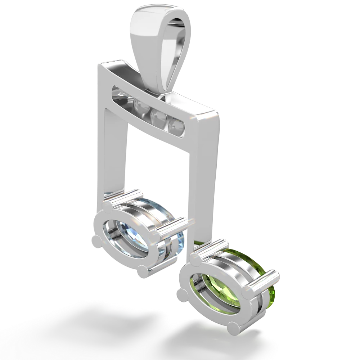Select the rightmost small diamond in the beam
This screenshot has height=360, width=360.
tap(177, 126)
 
